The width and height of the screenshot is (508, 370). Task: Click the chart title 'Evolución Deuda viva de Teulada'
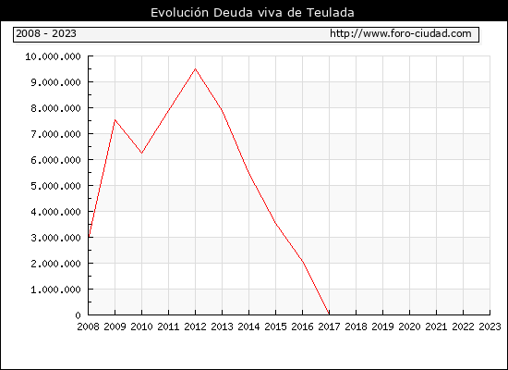(252, 12)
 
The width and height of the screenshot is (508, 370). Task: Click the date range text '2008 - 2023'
(46, 33)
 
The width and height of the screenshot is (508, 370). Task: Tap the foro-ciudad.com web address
(401, 33)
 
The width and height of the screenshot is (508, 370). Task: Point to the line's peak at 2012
(196, 68)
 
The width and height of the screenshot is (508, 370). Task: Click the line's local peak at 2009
(115, 120)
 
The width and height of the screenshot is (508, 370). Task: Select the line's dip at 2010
(141, 153)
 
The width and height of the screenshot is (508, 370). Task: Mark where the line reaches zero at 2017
(329, 314)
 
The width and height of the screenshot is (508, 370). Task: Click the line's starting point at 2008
(89, 236)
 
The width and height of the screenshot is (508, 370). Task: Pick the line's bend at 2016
(303, 261)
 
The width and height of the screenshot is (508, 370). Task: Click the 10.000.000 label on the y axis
(54, 56)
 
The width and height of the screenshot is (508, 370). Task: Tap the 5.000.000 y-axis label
(55, 186)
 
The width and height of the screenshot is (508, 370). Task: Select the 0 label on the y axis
(78, 315)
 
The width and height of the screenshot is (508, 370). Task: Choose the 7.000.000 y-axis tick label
(55, 134)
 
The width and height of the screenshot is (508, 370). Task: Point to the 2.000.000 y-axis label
(55, 264)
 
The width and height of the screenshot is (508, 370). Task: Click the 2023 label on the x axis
(490, 327)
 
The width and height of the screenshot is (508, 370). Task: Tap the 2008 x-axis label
(88, 327)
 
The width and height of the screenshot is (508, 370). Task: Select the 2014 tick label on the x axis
(248, 327)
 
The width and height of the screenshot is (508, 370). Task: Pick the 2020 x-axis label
(409, 327)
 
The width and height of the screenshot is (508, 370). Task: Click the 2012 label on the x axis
(196, 327)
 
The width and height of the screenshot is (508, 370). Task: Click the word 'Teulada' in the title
(331, 12)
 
